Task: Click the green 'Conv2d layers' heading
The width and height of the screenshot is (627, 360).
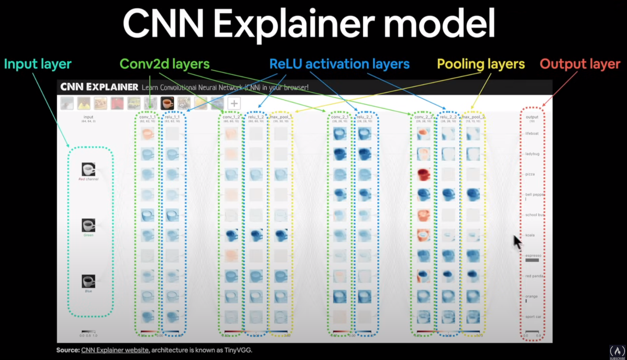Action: tap(164, 64)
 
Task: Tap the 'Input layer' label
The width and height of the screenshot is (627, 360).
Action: tap(38, 64)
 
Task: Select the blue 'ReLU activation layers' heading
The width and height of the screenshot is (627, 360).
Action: tap(339, 64)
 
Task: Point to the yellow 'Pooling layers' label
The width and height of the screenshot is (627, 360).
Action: tap(481, 64)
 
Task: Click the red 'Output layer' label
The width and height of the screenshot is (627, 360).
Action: tap(580, 64)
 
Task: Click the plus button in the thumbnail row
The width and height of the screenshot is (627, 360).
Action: tap(234, 104)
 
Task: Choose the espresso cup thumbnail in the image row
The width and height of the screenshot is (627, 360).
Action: tap(167, 103)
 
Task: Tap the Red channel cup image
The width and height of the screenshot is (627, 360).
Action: tap(88, 169)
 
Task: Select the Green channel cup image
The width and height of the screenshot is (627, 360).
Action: tap(88, 225)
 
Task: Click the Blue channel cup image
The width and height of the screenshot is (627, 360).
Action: tap(88, 281)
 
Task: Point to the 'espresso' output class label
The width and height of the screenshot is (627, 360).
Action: tap(533, 256)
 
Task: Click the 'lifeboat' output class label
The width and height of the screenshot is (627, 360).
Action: tap(532, 134)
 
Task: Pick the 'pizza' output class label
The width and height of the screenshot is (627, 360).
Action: tap(530, 174)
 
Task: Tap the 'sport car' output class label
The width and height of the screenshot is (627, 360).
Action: tap(533, 317)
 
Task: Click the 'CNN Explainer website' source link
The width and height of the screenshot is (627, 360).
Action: tap(115, 350)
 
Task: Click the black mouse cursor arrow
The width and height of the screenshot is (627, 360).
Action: tap(517, 242)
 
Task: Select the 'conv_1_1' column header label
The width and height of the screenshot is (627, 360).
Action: tap(147, 117)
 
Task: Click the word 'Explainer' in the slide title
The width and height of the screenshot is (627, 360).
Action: tap(294, 24)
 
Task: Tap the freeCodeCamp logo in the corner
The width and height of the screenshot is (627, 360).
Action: tap(617, 351)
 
